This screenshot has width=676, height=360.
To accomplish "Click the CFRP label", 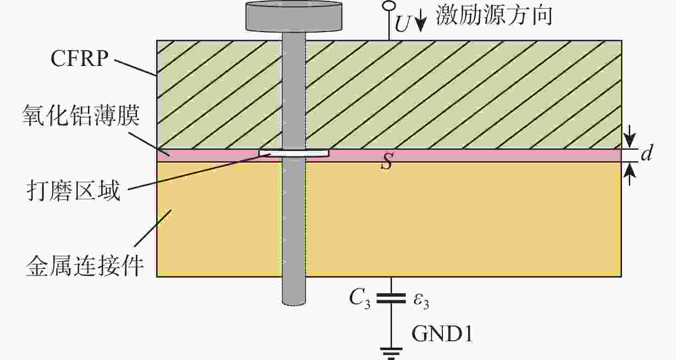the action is pos(79,58).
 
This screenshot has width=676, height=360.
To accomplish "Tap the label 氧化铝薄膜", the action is pos(81,115).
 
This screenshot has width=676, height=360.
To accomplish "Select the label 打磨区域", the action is pos(73,191).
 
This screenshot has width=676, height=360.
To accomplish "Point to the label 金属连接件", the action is pos(85,266).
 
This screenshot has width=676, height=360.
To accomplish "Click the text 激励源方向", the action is pos(494,15).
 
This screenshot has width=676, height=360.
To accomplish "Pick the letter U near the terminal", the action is pos(402,24).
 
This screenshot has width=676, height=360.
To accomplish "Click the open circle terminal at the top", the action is pos(389,5).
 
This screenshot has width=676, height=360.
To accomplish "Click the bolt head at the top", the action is pos(294,16).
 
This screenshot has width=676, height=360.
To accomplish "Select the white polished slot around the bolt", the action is pos(294,153).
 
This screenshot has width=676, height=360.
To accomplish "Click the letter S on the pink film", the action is pos(387,161).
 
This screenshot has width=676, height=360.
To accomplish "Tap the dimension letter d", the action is pos(647,153).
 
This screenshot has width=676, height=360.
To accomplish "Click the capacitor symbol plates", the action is pos(391,298).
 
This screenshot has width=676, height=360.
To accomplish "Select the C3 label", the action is pos(360,299).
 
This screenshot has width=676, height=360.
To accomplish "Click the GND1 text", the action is pos(442,334).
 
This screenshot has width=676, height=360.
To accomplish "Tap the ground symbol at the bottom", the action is pos(391,354).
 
